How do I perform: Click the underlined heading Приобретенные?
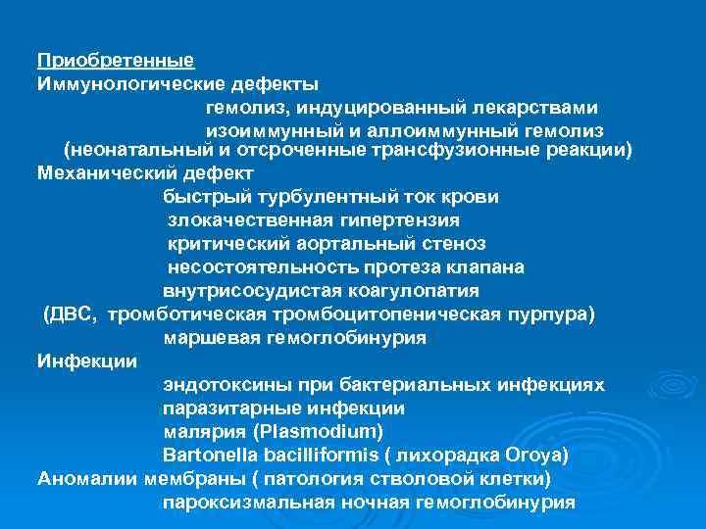pos(115,61)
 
